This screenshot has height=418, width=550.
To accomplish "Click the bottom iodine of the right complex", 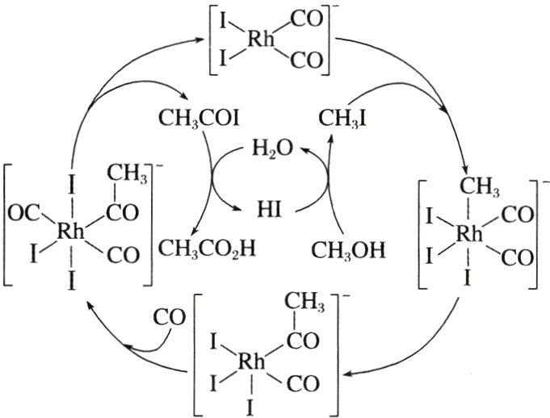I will tap(470, 278).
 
